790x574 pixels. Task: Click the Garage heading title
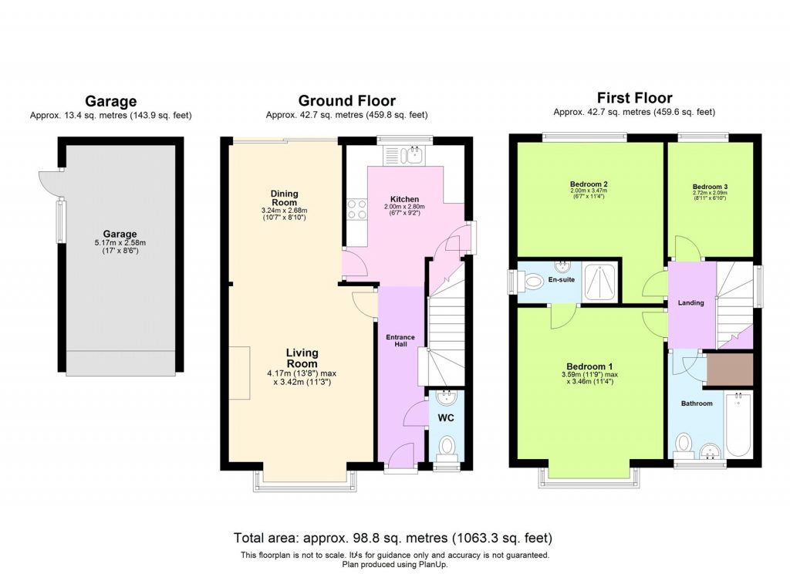pyautogui.click(x=110, y=101)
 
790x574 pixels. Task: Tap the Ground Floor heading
pyautogui.click(x=346, y=101)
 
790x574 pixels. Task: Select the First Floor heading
pyautogui.click(x=634, y=98)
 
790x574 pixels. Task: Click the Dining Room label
pyautogui.click(x=284, y=198)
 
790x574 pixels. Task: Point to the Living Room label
pyautogui.click(x=302, y=358)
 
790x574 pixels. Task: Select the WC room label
pyautogui.click(x=445, y=418)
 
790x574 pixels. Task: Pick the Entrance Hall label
pyautogui.click(x=400, y=340)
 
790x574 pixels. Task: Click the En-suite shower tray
pyautogui.click(x=599, y=282)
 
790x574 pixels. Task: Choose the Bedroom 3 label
pyautogui.click(x=709, y=187)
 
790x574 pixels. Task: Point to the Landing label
pyautogui.click(x=690, y=302)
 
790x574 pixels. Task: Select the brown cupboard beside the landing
pyautogui.click(x=729, y=369)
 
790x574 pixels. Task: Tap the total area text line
pyautogui.click(x=393, y=537)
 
